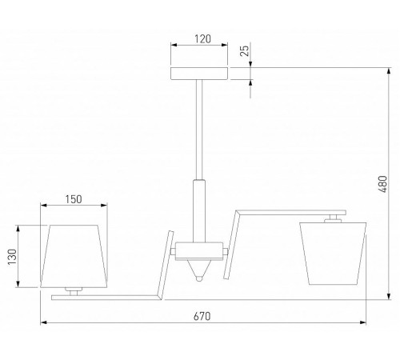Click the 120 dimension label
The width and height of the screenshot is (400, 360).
coord(202,39)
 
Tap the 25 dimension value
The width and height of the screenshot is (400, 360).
coord(245,50)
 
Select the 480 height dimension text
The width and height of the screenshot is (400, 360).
coord(382,184)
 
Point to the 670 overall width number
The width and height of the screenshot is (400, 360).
coord(202,316)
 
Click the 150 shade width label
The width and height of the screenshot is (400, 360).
coord(74,199)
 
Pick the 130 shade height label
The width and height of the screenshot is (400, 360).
coord(12,257)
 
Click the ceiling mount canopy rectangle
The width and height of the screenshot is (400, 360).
coord(199,74)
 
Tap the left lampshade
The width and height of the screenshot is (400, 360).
coord(74,256)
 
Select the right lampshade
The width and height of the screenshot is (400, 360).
coord(333,254)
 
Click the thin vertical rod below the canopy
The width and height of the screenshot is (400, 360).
coord(199,130)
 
